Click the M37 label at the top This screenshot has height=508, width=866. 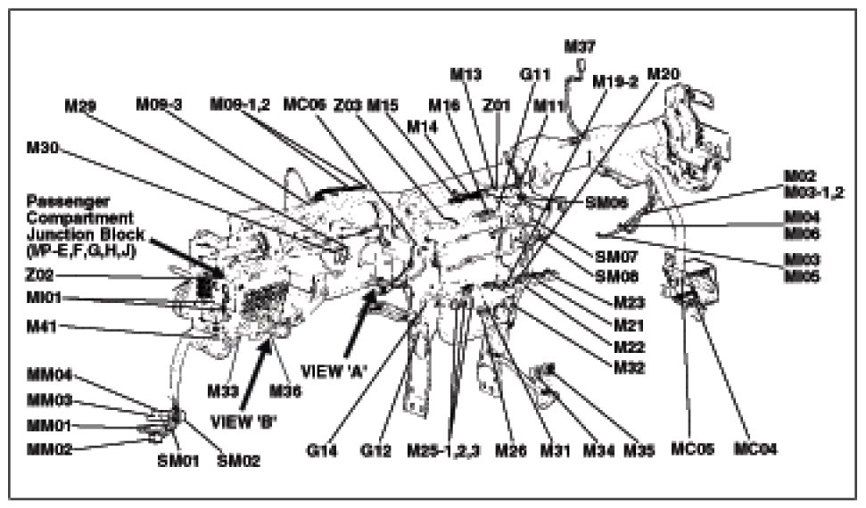coord(581,45)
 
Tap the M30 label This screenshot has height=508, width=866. coord(43,148)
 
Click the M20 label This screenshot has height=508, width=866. coord(663,73)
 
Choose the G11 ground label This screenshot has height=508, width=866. coord(535,74)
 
